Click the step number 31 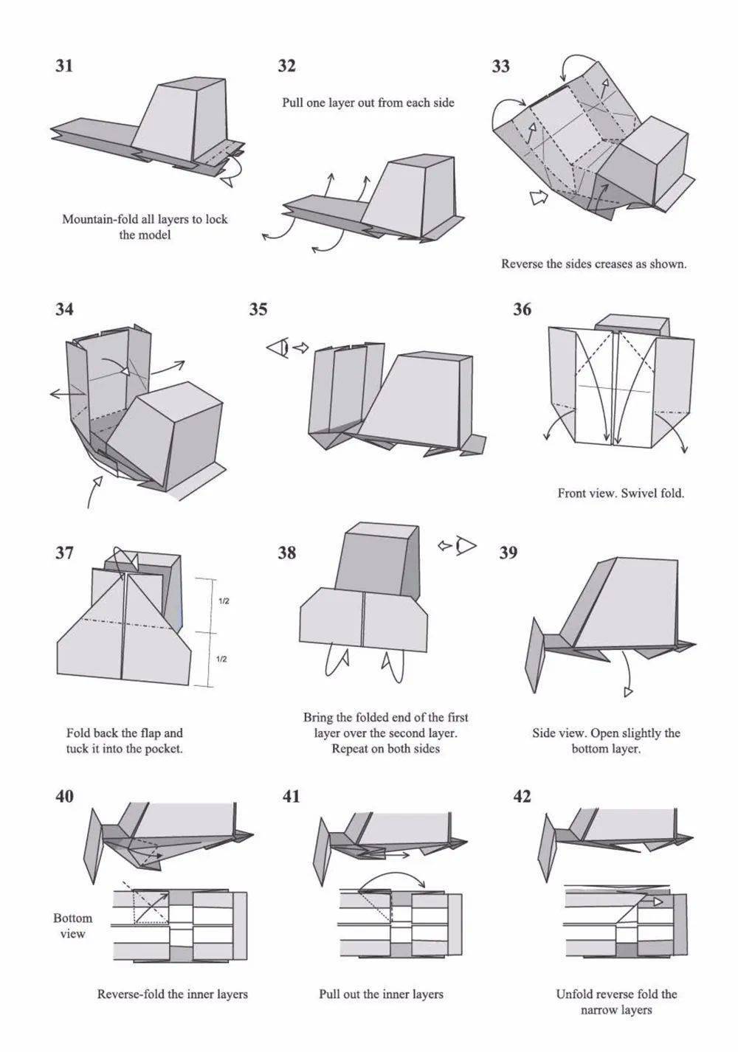click(64, 65)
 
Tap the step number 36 click(522, 310)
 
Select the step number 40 click(64, 797)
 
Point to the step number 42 click(522, 797)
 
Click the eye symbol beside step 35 click(277, 348)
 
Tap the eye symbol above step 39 click(466, 545)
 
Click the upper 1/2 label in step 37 click(224, 601)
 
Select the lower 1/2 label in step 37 click(221, 660)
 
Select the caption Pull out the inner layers click(381, 994)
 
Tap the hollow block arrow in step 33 click(539, 197)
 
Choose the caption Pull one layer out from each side click(368, 103)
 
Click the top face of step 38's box click(382, 528)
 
